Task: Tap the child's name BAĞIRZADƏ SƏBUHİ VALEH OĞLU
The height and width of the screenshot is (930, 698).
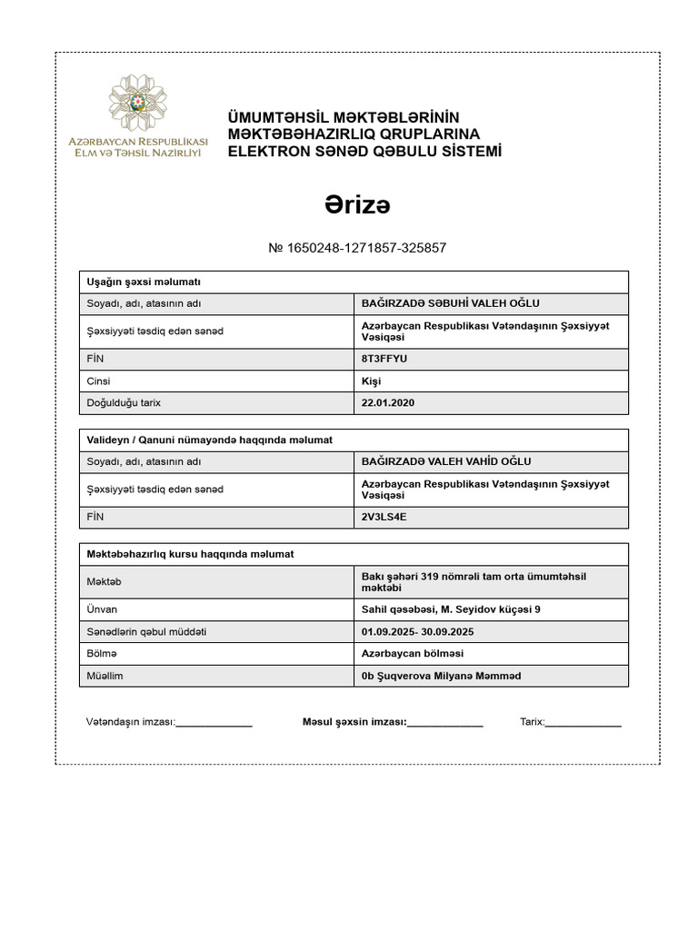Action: pyautogui.click(x=451, y=304)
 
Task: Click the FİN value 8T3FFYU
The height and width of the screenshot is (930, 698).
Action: pyautogui.click(x=384, y=359)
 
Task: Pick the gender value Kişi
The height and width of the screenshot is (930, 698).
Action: pyautogui.click(x=372, y=381)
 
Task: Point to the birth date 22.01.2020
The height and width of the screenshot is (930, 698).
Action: pyautogui.click(x=387, y=403)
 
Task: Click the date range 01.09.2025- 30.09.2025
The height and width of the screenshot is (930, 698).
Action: pyautogui.click(x=419, y=631)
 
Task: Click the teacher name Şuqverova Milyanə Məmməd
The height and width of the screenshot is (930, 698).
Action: pyautogui.click(x=447, y=676)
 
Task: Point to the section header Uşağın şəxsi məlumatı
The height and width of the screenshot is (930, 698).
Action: pyautogui.click(x=143, y=282)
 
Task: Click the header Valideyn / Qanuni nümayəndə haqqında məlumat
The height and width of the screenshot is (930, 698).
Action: pyautogui.click(x=210, y=440)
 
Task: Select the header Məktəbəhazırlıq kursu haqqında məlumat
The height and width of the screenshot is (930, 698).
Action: pyautogui.click(x=190, y=554)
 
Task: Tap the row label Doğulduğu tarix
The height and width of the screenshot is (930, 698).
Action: pyautogui.click(x=124, y=403)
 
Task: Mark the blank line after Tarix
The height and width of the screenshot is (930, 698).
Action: pyautogui.click(x=583, y=724)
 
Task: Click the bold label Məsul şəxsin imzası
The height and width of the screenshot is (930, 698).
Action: pyautogui.click(x=354, y=722)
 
